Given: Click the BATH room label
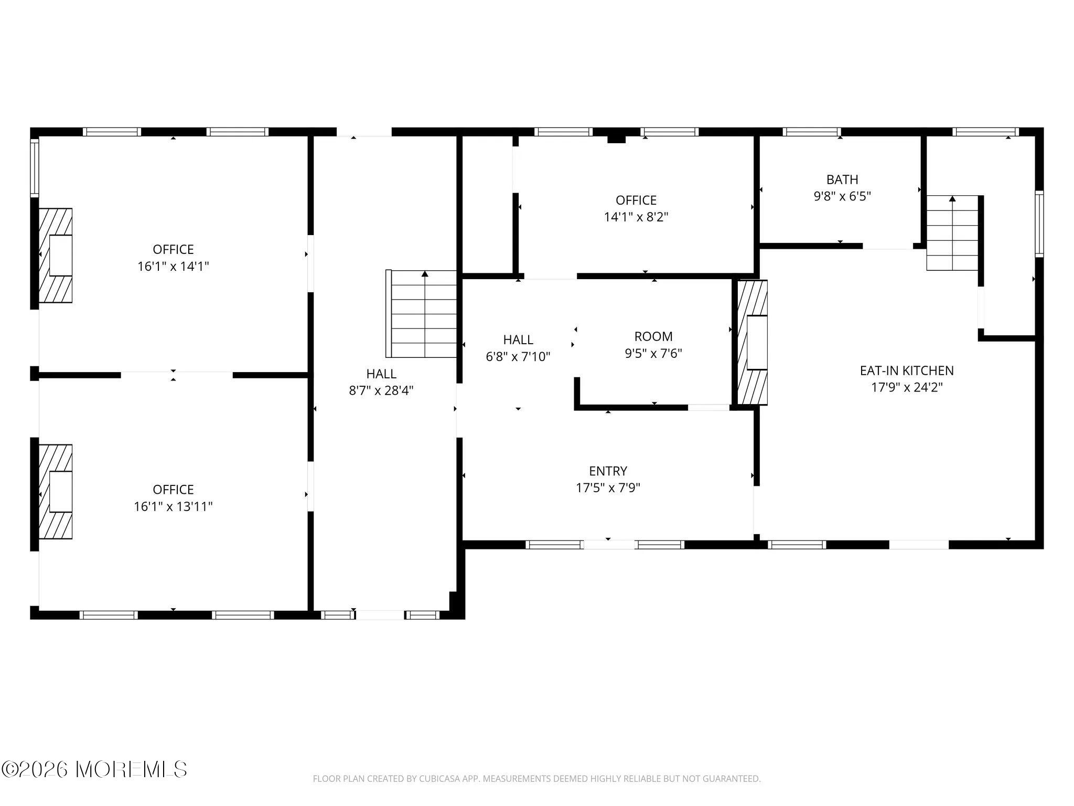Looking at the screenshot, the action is pyautogui.click(x=842, y=179).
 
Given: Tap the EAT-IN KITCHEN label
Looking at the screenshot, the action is pyautogui.click(x=907, y=370).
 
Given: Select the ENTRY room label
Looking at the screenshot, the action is pyautogui.click(x=608, y=471).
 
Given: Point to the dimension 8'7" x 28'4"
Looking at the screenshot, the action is pyautogui.click(x=381, y=390).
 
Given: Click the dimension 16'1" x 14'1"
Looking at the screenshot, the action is pyautogui.click(x=173, y=266).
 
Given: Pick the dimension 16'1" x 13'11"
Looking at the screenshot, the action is pyautogui.click(x=173, y=506).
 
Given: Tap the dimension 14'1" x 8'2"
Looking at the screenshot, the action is pyautogui.click(x=636, y=217).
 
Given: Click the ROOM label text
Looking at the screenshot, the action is pyautogui.click(x=653, y=336).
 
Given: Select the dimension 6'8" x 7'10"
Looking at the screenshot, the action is pyautogui.click(x=518, y=357).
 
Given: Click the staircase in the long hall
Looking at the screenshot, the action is pyautogui.click(x=422, y=314).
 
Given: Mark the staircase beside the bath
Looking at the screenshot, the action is pyautogui.click(x=952, y=233).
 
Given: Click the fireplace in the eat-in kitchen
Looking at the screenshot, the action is pyautogui.click(x=753, y=342).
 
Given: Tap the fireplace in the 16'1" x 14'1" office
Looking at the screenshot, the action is pyautogui.click(x=56, y=256).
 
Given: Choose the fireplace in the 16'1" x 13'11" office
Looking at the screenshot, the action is pyautogui.click(x=56, y=492).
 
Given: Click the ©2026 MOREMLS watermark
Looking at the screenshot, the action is pyautogui.click(x=94, y=769).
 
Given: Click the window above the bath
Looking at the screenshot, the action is pyautogui.click(x=812, y=132).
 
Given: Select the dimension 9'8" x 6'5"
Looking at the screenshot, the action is pyautogui.click(x=842, y=196).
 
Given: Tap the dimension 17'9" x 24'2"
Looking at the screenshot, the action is pyautogui.click(x=907, y=387).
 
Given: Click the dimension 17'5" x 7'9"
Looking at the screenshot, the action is pyautogui.click(x=608, y=487).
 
